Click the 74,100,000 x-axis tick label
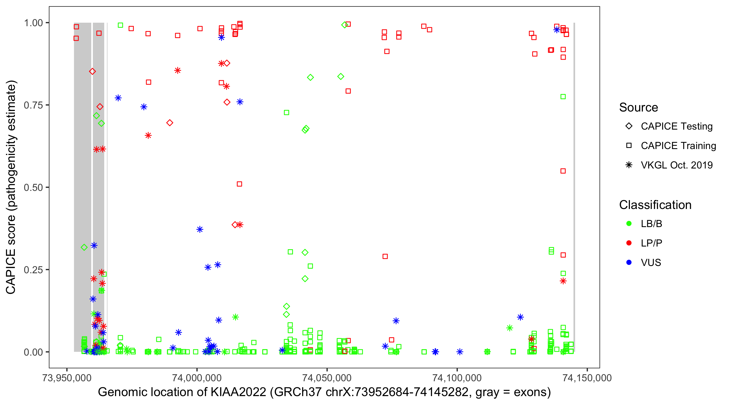457,378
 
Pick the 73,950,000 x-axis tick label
67,378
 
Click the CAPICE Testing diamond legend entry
676,126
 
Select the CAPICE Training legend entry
678,146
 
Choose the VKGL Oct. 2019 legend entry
676,165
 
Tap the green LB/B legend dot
629,224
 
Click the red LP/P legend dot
629,243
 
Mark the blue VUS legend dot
629,262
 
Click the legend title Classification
655,205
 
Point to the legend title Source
639,107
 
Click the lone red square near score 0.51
239,184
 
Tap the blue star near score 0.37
200,229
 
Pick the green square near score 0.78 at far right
563,97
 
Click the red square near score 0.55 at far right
563,171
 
